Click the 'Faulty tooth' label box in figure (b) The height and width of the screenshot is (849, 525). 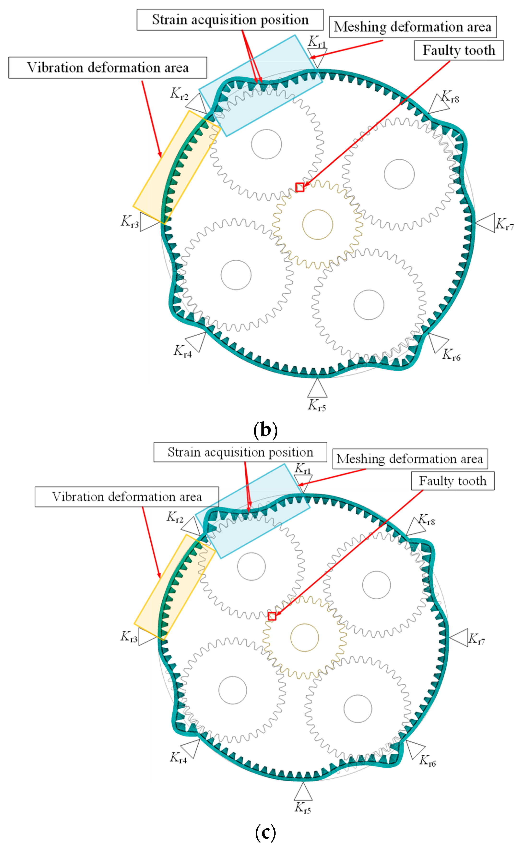(x=459, y=51)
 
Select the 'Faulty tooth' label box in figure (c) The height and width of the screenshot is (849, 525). (x=452, y=481)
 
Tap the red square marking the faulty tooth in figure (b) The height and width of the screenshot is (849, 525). (x=300, y=187)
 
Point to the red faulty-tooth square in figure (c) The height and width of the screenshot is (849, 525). (x=272, y=616)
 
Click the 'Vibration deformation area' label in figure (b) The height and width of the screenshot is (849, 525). (x=108, y=68)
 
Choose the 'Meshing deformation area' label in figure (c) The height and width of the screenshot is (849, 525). (x=410, y=459)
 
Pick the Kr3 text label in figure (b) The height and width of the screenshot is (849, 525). (x=130, y=221)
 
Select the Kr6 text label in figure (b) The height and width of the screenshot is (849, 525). (x=451, y=355)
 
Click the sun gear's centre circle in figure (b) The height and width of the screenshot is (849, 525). (x=317, y=224)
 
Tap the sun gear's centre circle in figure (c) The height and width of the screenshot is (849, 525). (x=305, y=637)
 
